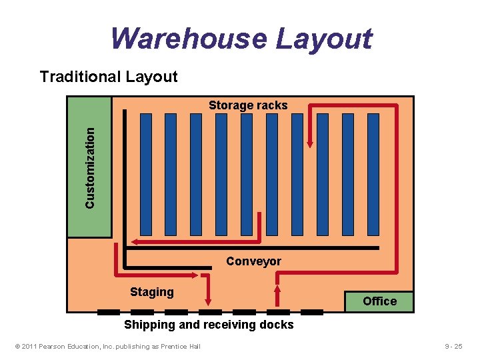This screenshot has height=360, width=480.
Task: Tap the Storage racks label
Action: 248,105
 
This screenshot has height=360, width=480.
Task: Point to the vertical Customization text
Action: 90,167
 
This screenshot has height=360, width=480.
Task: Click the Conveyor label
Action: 253,261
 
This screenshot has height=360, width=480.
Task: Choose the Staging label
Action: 152,291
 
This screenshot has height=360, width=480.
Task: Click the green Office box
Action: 379,301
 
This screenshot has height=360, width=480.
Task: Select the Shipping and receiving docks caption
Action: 209,325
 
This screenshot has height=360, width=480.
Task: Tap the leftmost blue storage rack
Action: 145,174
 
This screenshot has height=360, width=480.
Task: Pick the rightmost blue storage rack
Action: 373,174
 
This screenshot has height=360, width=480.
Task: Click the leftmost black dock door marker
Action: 108,312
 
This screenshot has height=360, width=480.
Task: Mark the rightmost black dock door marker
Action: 312,312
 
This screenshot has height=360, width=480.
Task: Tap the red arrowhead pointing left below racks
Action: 134,241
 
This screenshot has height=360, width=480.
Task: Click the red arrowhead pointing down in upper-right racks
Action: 310,143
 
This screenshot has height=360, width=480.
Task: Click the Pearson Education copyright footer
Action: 107,346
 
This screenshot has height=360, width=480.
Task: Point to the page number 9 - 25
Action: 453,346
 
